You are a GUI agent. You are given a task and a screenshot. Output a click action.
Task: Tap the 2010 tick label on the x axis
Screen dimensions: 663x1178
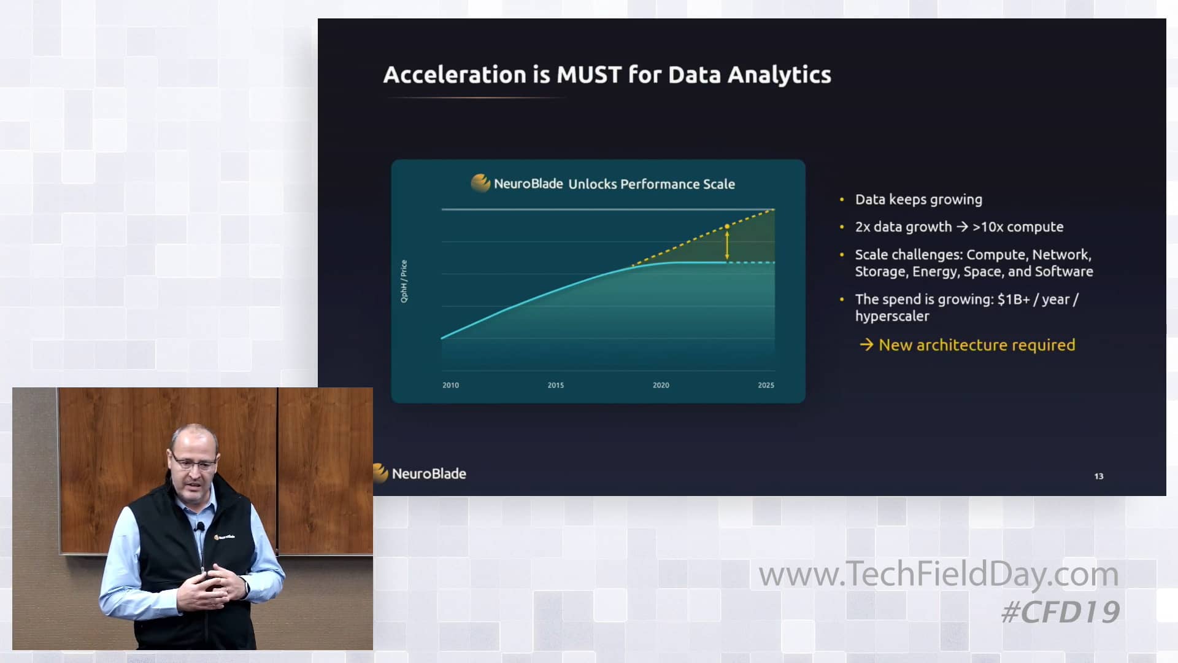click(x=450, y=385)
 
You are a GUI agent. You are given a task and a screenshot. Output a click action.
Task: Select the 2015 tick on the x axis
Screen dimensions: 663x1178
click(x=555, y=385)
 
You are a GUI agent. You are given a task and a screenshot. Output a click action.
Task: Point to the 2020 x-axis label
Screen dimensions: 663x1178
click(x=661, y=385)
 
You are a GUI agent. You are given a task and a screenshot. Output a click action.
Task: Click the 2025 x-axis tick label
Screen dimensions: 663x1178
click(x=766, y=385)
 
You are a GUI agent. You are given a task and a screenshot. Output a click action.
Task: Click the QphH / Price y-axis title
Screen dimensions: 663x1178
click(x=404, y=281)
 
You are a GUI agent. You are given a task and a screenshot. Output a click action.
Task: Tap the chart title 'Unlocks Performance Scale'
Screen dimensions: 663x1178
click(x=651, y=184)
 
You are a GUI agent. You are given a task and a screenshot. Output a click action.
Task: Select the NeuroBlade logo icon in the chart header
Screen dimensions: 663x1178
click(x=480, y=182)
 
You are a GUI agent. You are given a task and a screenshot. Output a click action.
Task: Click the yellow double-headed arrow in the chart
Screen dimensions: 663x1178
click(x=727, y=244)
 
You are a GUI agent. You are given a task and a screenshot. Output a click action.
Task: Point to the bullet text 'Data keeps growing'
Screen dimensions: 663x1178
click(x=918, y=200)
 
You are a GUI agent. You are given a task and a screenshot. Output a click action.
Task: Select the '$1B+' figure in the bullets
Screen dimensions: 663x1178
click(x=1014, y=300)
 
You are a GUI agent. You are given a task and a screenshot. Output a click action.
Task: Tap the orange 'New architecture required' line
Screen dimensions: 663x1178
click(x=977, y=345)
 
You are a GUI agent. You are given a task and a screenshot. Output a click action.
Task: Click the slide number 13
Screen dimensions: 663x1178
click(x=1099, y=476)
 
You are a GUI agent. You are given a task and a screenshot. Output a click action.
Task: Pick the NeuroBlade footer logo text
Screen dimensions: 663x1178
click(x=429, y=474)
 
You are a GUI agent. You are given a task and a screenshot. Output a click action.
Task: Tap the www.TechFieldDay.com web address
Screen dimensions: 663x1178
click(x=939, y=575)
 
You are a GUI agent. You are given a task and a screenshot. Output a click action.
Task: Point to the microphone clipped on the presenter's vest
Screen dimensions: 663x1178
click(x=199, y=527)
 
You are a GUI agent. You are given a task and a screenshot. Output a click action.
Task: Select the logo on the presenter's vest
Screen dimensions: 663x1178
click(x=225, y=537)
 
